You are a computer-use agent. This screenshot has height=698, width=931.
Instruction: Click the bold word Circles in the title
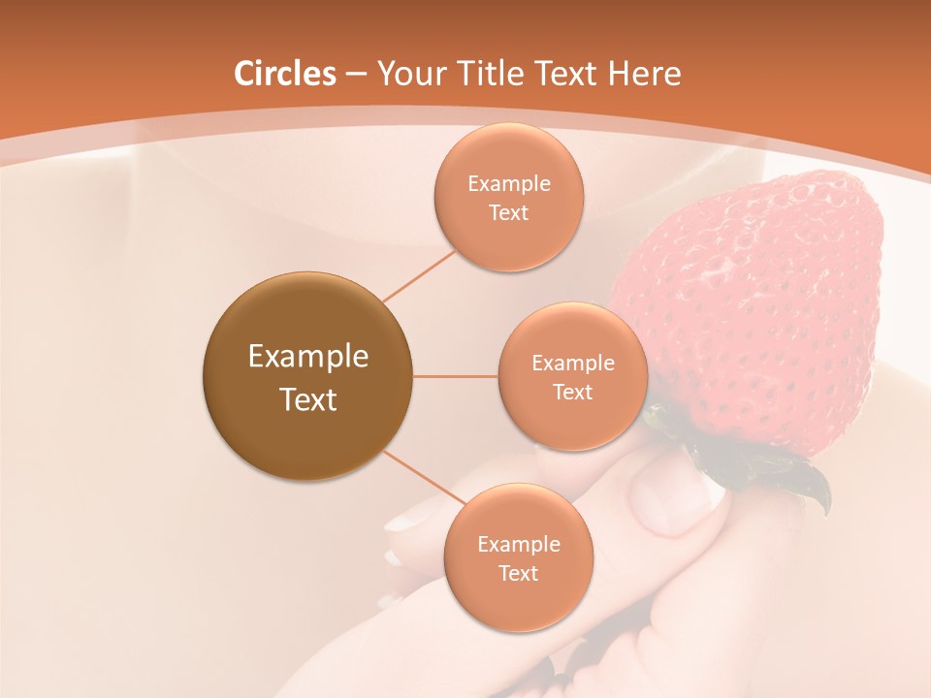285,74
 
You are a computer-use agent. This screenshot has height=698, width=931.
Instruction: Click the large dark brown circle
307,376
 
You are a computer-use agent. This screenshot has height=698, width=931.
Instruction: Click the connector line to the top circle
419,274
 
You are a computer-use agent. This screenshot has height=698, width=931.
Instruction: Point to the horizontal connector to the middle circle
455,376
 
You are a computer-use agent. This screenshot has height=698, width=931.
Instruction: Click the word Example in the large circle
307,357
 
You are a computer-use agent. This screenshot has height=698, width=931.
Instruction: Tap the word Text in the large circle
307,399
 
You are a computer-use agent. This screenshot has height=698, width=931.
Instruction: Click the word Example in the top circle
508,184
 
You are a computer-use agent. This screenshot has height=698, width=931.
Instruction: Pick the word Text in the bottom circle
518,573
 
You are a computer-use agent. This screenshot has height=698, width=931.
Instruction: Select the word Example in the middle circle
572,364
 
